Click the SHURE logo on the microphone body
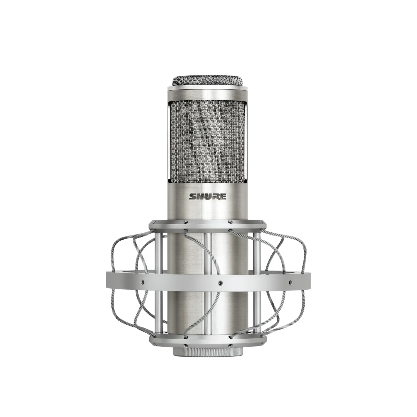pos(208,197)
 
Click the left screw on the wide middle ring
pos(143,281)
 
